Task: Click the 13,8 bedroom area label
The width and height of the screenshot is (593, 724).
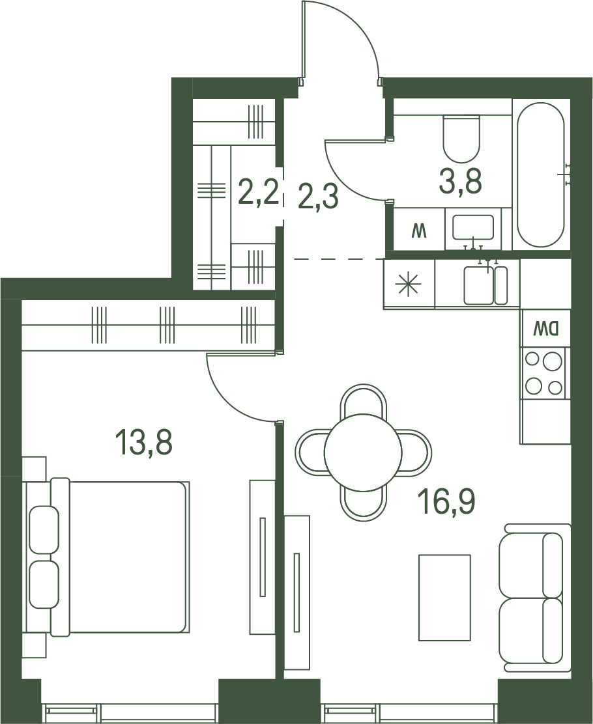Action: [x=144, y=441]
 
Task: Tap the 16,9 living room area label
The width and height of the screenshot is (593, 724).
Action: [x=446, y=502]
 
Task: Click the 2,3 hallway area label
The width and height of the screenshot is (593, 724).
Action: [x=319, y=196]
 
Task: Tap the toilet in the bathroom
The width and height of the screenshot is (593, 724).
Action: [x=461, y=137]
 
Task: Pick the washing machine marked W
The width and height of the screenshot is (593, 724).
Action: [x=419, y=229]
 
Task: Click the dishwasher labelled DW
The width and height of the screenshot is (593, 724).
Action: [x=545, y=328]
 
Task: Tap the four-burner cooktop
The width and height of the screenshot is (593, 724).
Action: [x=544, y=373]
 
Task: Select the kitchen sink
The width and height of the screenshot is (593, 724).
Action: [x=485, y=285]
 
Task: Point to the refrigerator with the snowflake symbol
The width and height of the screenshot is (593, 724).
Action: [x=409, y=283]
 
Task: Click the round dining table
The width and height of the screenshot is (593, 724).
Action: [x=362, y=452]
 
